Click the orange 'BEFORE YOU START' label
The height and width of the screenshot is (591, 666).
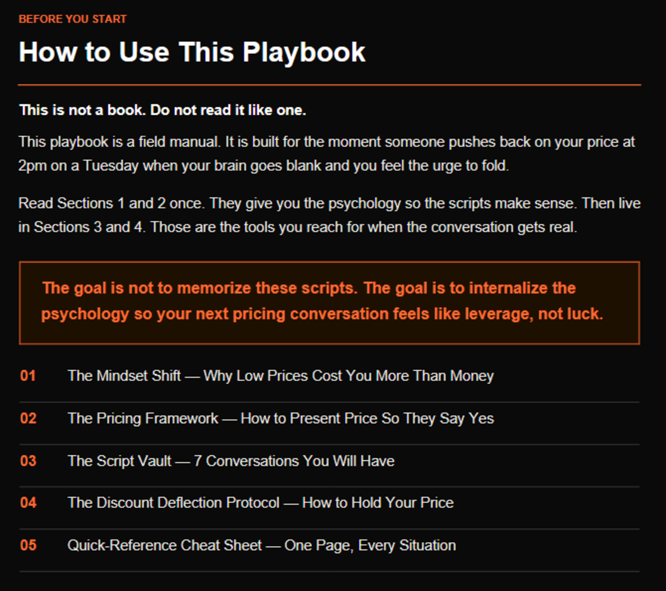pyautogui.click(x=73, y=19)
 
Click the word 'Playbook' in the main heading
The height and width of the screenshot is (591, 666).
pyautogui.click(x=304, y=53)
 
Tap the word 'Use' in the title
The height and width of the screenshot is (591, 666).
pyautogui.click(x=144, y=52)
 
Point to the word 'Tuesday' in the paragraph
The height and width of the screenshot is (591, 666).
pyautogui.click(x=111, y=166)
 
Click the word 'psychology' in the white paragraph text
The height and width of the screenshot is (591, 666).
pyautogui.click(x=365, y=204)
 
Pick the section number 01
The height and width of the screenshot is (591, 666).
pyautogui.click(x=28, y=376)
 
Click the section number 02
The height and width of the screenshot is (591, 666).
pyautogui.click(x=28, y=418)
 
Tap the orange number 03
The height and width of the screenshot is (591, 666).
pyautogui.click(x=28, y=461)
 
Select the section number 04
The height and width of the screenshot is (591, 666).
pyautogui.click(x=28, y=503)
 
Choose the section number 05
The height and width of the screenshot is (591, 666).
pyautogui.click(x=28, y=546)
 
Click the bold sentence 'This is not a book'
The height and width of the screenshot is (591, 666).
pyautogui.click(x=83, y=110)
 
